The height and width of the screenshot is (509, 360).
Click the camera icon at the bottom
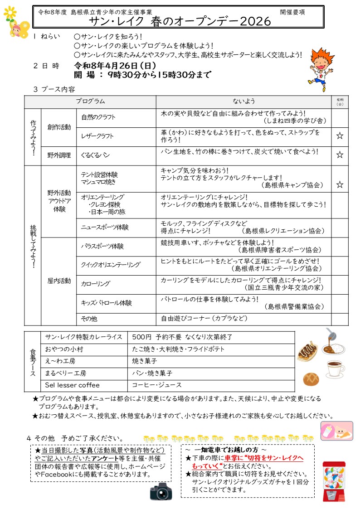pyautogui.click(x=161, y=491)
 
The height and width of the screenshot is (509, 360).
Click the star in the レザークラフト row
pyautogui.click(x=340, y=136)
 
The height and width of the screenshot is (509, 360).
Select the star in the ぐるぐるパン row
pyautogui.click(x=340, y=155)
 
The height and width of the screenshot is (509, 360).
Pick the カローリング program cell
pyautogui.click(x=96, y=284)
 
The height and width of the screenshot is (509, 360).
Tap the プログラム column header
pyautogui.click(x=90, y=102)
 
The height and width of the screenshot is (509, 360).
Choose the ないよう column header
pyautogui.click(x=244, y=102)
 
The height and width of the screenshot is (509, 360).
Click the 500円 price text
pyautogui.click(x=141, y=337)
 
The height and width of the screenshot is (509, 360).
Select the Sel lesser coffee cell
pyautogui.click(x=72, y=385)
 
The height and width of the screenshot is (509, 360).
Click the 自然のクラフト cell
pyautogui.click(x=98, y=117)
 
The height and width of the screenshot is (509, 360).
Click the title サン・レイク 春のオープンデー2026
pyautogui.click(x=180, y=21)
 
